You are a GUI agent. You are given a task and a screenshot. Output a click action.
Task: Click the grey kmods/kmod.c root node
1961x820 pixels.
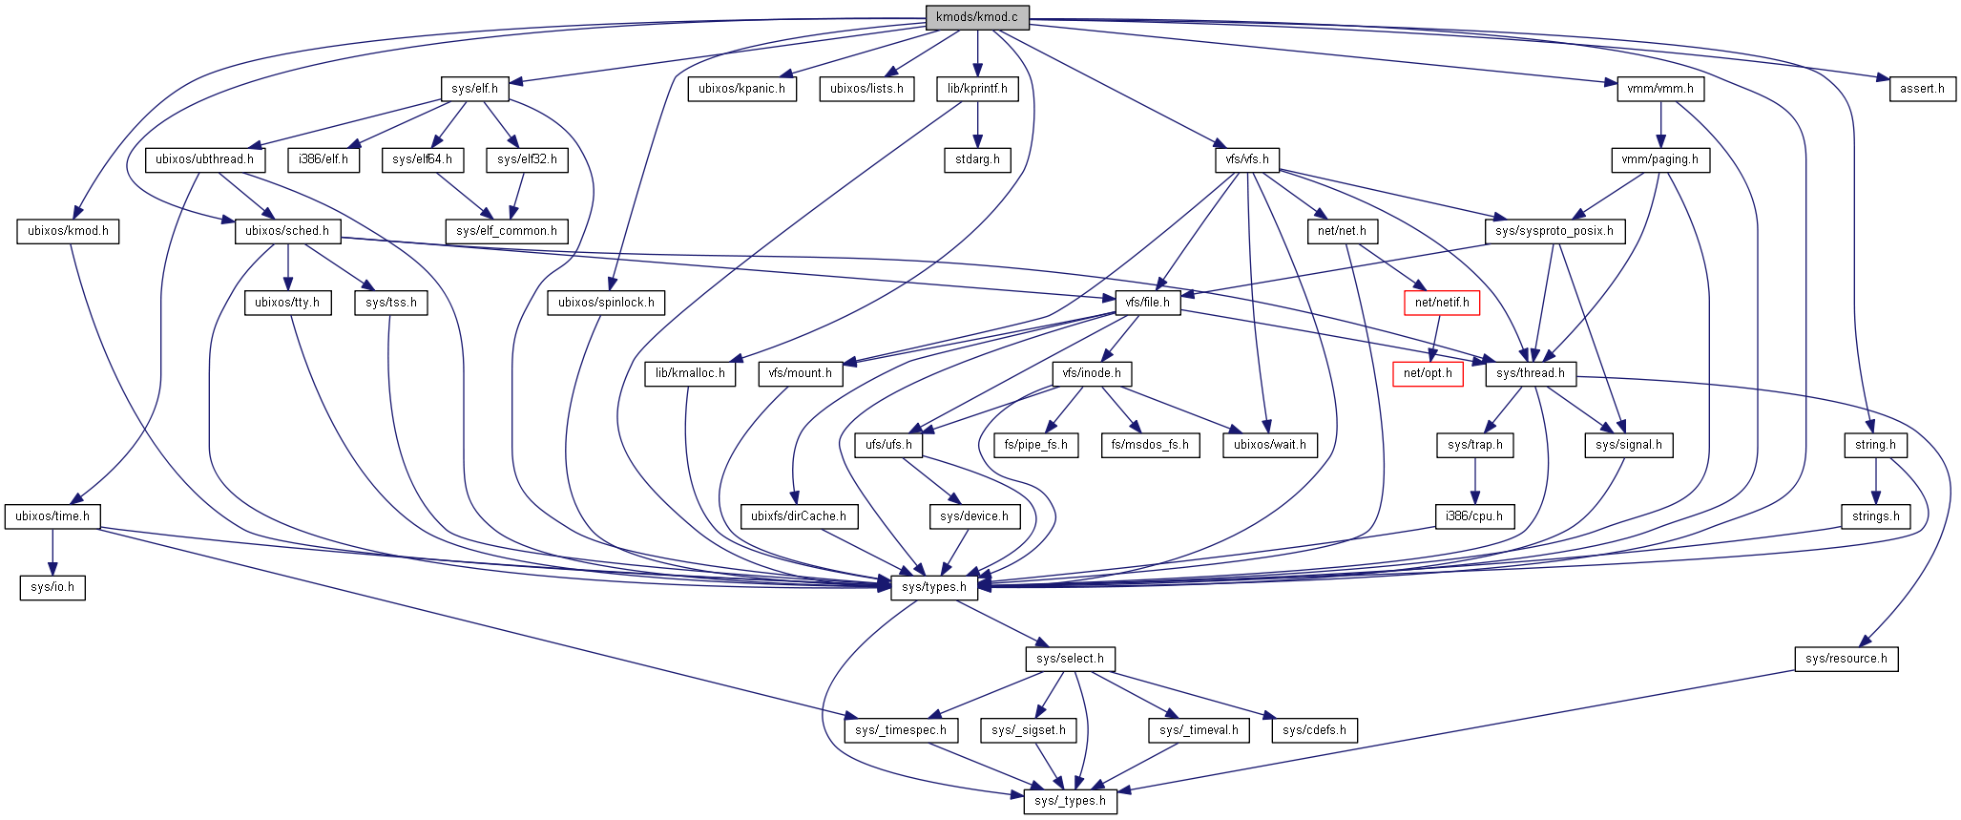tap(977, 17)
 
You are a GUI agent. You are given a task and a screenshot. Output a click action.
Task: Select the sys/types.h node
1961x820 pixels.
tap(934, 587)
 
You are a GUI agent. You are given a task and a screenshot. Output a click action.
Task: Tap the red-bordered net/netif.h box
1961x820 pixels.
tap(1441, 303)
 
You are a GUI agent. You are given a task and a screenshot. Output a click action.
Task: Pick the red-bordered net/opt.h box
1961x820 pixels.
tap(1428, 373)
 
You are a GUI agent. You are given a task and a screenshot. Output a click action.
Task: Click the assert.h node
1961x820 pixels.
tap(1922, 89)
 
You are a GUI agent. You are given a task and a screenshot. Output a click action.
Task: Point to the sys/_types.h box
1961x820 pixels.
tap(1070, 801)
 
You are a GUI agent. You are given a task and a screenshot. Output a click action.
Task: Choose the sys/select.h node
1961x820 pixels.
tap(1070, 659)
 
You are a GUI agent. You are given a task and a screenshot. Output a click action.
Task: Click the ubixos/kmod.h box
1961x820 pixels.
tap(68, 231)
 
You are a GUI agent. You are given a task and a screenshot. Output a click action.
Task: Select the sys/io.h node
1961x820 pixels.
tap(52, 587)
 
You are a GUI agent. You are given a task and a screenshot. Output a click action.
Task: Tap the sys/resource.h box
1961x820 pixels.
tap(1846, 659)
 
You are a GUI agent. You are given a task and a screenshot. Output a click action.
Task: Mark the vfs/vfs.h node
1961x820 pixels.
tap(1247, 159)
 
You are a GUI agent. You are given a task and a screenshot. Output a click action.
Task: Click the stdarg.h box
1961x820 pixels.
tap(977, 159)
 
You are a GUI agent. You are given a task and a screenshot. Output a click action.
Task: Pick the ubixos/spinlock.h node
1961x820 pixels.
tap(606, 303)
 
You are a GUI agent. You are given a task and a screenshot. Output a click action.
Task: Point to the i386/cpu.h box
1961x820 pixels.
tap(1473, 516)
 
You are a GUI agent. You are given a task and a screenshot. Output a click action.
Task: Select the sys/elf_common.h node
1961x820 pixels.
tap(506, 231)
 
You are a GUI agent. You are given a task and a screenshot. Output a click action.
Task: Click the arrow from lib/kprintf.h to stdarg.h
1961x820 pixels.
tap(977, 124)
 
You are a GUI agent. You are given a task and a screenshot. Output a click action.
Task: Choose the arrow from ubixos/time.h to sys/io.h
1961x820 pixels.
tap(52, 552)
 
